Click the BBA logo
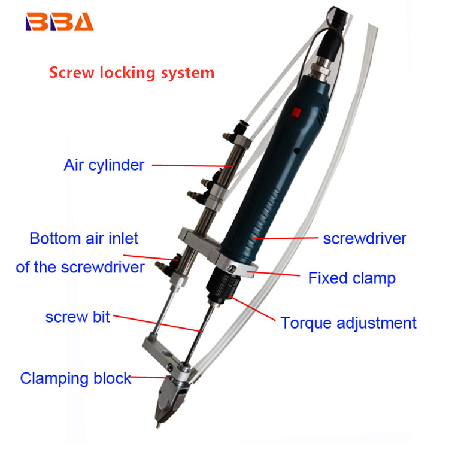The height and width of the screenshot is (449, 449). pos(59,22)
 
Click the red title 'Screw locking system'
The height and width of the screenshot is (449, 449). pos(131,73)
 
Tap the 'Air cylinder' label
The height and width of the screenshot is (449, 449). pos(104,165)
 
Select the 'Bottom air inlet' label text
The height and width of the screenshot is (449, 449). pos(84,239)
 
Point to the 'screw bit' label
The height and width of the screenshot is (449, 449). pos(77,317)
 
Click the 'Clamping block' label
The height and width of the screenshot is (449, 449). pos(75,378)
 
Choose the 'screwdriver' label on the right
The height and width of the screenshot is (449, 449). pos(365,239)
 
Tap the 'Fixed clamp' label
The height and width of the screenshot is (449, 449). pos(351,278)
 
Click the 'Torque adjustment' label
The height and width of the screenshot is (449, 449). pos(348,323)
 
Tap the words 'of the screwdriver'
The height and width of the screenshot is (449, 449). pos(80,266)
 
